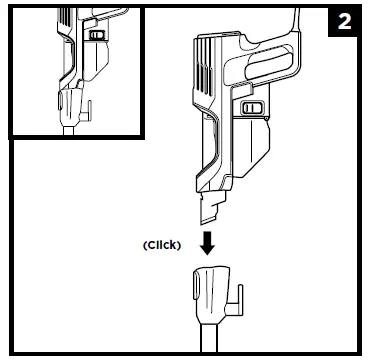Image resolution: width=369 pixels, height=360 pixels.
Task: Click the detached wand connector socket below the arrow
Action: pyautogui.click(x=212, y=294)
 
